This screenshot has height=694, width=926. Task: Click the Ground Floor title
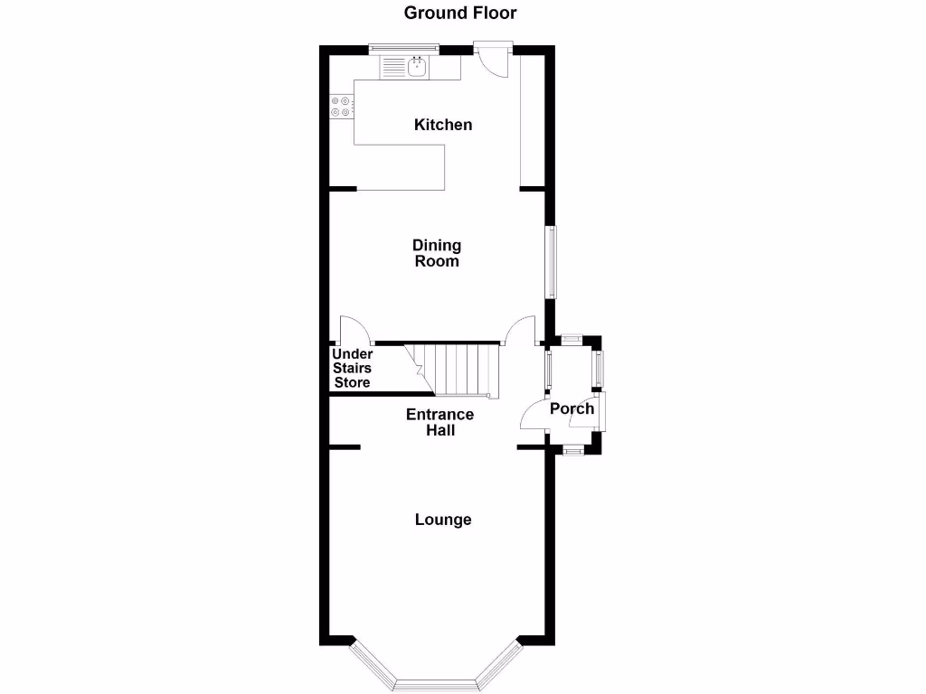[460, 13]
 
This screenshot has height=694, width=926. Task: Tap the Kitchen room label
[443, 125]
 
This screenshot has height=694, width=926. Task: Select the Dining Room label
[437, 253]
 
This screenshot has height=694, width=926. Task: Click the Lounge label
[443, 520]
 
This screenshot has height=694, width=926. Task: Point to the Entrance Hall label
[439, 422]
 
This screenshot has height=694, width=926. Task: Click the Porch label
[572, 408]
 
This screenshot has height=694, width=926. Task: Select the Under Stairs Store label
[353, 369]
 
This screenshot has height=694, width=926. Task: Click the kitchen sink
[418, 66]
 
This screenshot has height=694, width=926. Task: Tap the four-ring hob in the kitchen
[341, 107]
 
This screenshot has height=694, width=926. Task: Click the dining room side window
[550, 261]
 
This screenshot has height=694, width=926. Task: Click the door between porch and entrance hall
[534, 417]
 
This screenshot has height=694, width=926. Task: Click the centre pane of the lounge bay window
[436, 684]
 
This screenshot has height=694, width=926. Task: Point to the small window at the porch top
[571, 340]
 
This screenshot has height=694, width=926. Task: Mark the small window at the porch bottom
[572, 449]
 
